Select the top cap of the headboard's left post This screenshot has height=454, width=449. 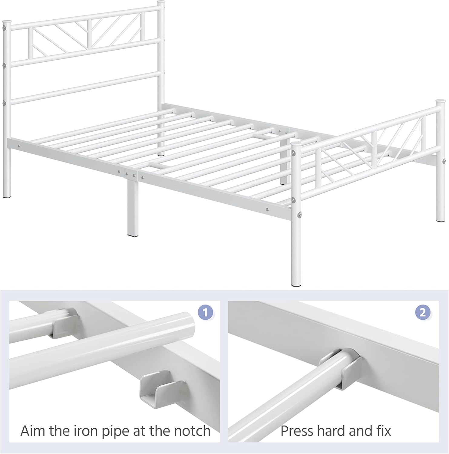(7, 22)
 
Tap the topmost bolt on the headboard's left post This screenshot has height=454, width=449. (4, 28)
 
